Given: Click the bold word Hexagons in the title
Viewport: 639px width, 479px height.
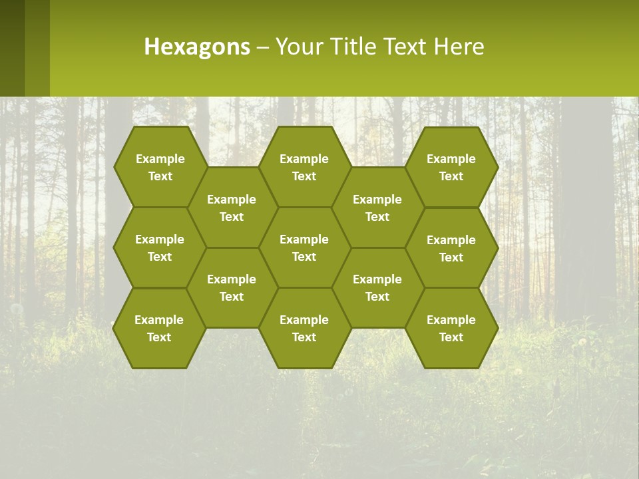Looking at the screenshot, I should click(x=197, y=47).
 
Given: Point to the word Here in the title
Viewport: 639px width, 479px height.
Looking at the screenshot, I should click(x=459, y=47).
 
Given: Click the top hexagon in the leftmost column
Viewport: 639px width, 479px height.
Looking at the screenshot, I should click(x=160, y=167).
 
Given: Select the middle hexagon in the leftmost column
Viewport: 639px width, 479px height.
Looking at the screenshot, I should click(x=160, y=247).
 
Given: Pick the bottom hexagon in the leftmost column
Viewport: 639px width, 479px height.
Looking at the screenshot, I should click(x=159, y=328).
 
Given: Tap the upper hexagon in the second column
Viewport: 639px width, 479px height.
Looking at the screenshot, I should click(x=232, y=208).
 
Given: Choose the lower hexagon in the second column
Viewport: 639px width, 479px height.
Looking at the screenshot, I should click(x=232, y=287).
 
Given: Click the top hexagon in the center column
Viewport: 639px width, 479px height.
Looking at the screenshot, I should click(x=304, y=167).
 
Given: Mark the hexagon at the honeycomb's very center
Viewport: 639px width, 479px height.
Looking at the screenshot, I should click(x=304, y=247).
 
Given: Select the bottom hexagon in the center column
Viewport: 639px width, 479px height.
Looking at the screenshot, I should click(x=304, y=328).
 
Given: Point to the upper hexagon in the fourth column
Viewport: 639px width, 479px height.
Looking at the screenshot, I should click(x=377, y=208).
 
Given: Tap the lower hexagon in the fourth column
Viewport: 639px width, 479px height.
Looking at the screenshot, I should click(x=377, y=287).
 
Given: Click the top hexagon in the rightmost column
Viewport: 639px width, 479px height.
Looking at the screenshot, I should click(x=451, y=167).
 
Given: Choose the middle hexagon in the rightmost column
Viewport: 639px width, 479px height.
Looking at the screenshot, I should click(x=451, y=248).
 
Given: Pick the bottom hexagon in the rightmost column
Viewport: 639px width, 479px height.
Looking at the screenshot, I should click(x=451, y=328).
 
